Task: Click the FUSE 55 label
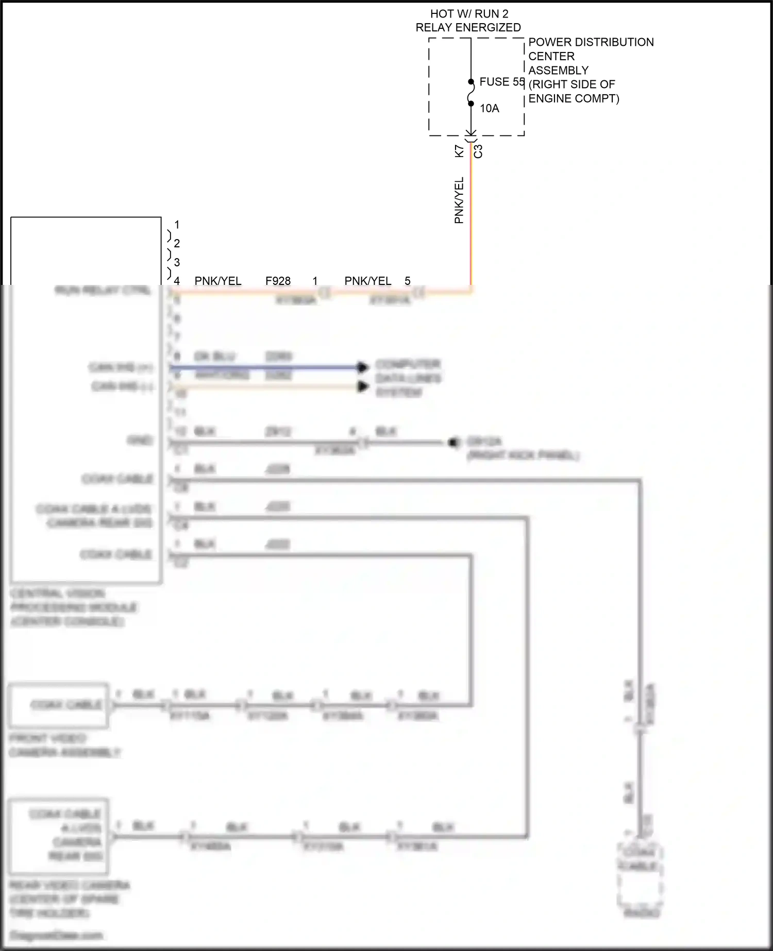click(501, 82)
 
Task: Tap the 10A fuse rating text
click(489, 108)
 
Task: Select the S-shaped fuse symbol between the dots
click(470, 93)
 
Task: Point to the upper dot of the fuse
click(471, 81)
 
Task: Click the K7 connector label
click(459, 151)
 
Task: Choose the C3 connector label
click(478, 151)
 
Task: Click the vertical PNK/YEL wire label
click(459, 200)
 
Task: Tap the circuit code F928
click(278, 281)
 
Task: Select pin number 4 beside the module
click(177, 281)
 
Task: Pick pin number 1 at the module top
click(177, 225)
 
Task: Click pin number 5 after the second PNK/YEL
click(408, 281)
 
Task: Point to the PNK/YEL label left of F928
click(217, 281)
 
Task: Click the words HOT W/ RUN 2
click(469, 14)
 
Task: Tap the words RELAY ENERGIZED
click(468, 27)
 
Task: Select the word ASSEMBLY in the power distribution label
click(558, 70)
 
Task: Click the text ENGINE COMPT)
click(574, 98)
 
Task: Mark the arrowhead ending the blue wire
click(363, 367)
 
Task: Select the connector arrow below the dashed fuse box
click(471, 135)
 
